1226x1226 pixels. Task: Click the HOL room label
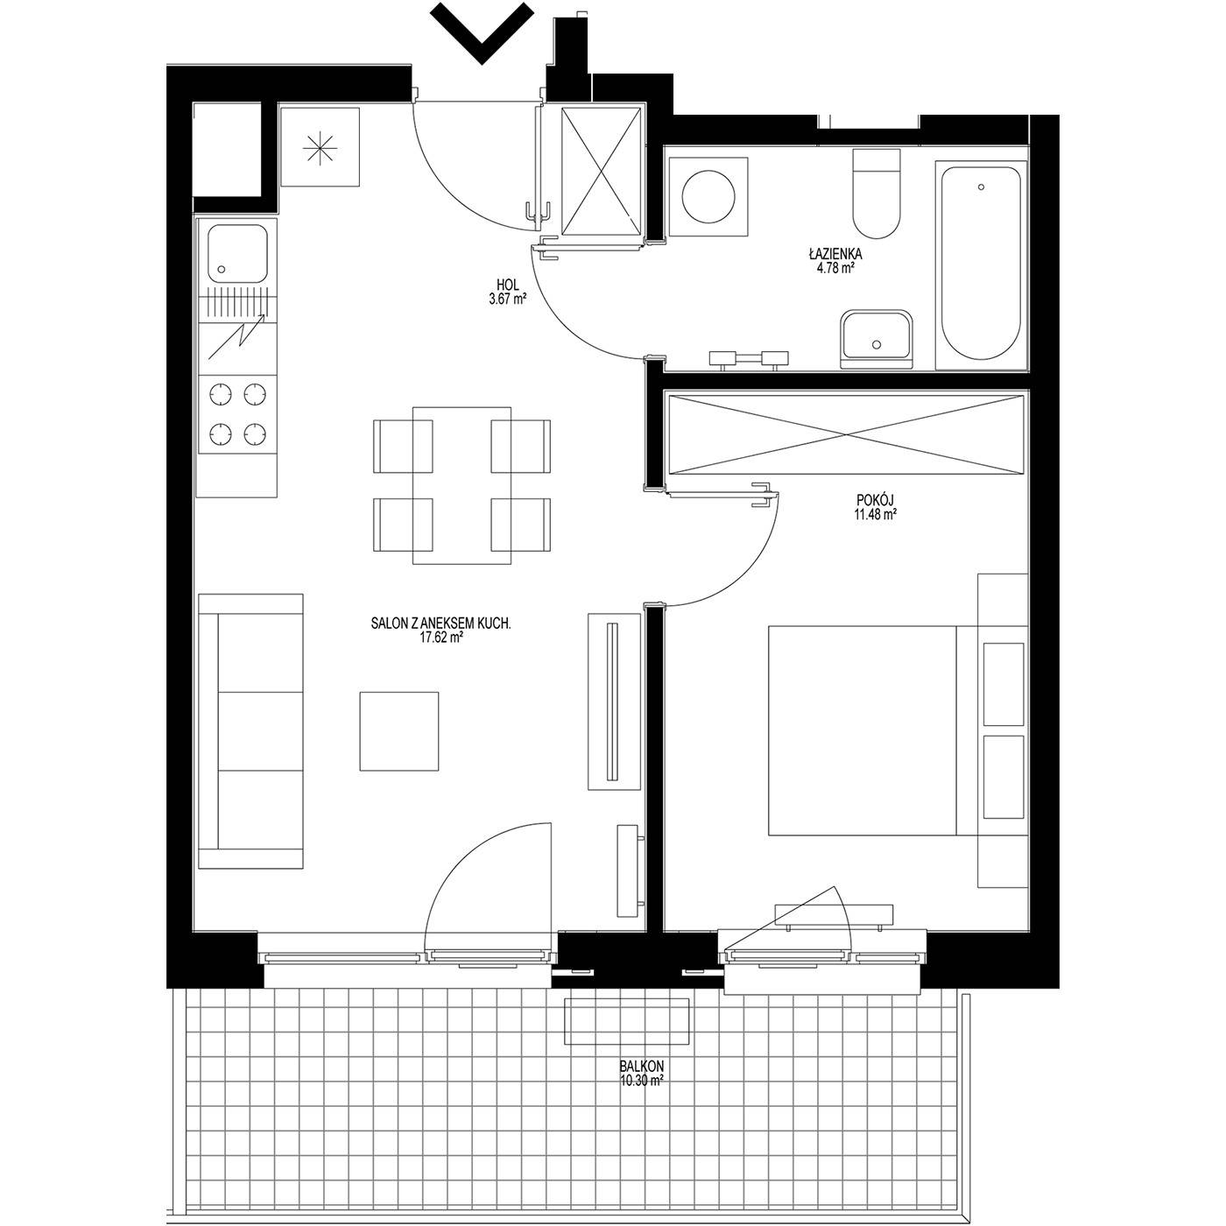tap(508, 285)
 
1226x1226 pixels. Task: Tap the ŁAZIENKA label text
tap(835, 255)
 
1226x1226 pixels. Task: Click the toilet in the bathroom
tap(877, 194)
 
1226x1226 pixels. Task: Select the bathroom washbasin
tap(876, 339)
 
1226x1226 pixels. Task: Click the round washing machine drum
tap(708, 196)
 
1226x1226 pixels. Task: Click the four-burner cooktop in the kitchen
tap(237, 413)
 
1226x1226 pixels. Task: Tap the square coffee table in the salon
tap(399, 731)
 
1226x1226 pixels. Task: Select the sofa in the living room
tap(250, 731)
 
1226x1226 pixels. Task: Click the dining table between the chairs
tap(462, 485)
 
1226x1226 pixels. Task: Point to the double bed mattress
tap(862, 730)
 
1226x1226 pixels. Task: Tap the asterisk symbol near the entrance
tap(320, 148)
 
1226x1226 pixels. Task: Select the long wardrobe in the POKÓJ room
tap(846, 434)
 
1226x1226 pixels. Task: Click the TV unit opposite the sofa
tap(614, 701)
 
